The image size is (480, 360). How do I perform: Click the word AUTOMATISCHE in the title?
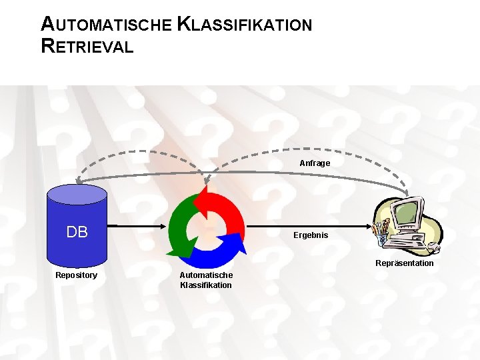(x=106, y=25)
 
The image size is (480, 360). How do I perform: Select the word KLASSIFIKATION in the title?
(x=245, y=25)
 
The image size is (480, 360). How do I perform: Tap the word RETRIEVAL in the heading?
(x=87, y=47)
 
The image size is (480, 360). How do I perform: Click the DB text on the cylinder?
(x=77, y=232)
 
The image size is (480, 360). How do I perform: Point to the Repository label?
(x=76, y=275)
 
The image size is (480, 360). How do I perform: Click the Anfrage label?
(x=315, y=163)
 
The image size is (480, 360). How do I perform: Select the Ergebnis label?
(x=311, y=235)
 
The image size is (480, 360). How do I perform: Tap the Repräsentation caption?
(x=404, y=263)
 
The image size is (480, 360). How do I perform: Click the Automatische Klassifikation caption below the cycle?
(x=206, y=280)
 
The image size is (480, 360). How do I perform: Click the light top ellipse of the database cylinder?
(x=77, y=193)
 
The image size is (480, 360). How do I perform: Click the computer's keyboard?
(x=407, y=244)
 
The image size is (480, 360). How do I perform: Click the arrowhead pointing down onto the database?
(x=78, y=181)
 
